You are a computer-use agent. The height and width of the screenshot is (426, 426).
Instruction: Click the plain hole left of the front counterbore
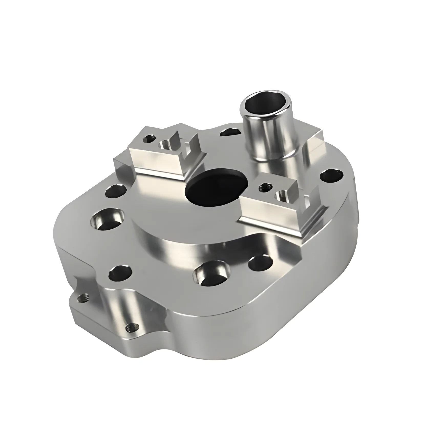120,273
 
